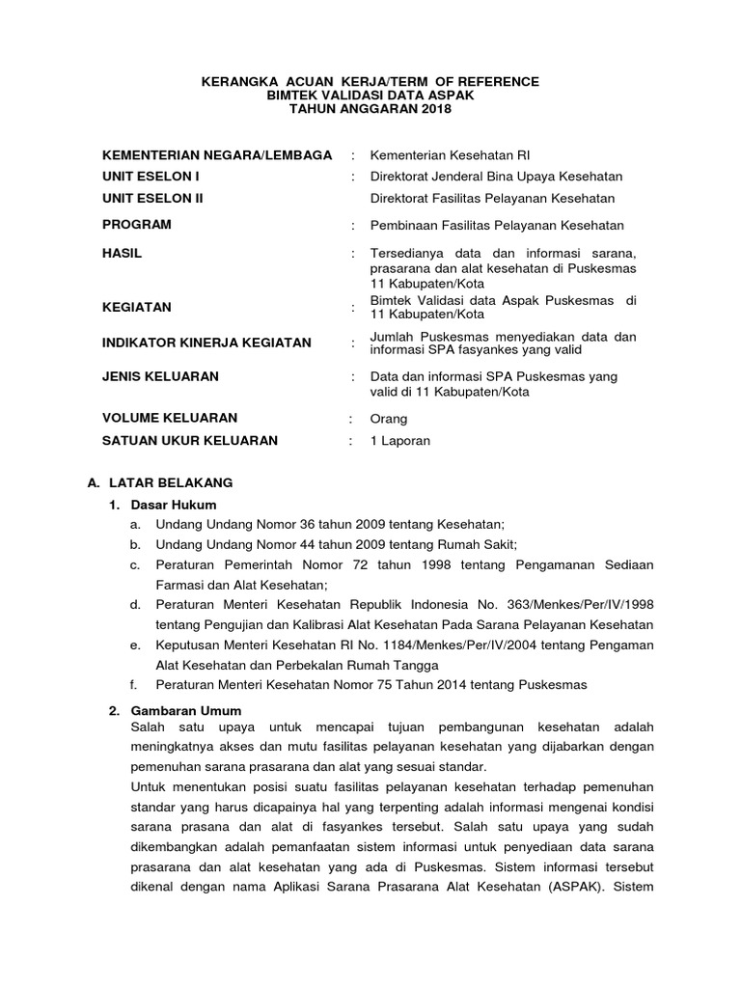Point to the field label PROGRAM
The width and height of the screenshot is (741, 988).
click(137, 225)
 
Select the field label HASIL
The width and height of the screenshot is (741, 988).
click(123, 252)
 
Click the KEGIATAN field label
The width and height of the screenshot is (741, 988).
click(137, 308)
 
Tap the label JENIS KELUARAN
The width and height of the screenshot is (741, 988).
click(160, 376)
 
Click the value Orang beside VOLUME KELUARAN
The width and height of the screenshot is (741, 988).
click(389, 419)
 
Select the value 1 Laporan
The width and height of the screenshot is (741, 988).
click(400, 441)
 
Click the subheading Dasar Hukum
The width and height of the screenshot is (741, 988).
click(176, 505)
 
